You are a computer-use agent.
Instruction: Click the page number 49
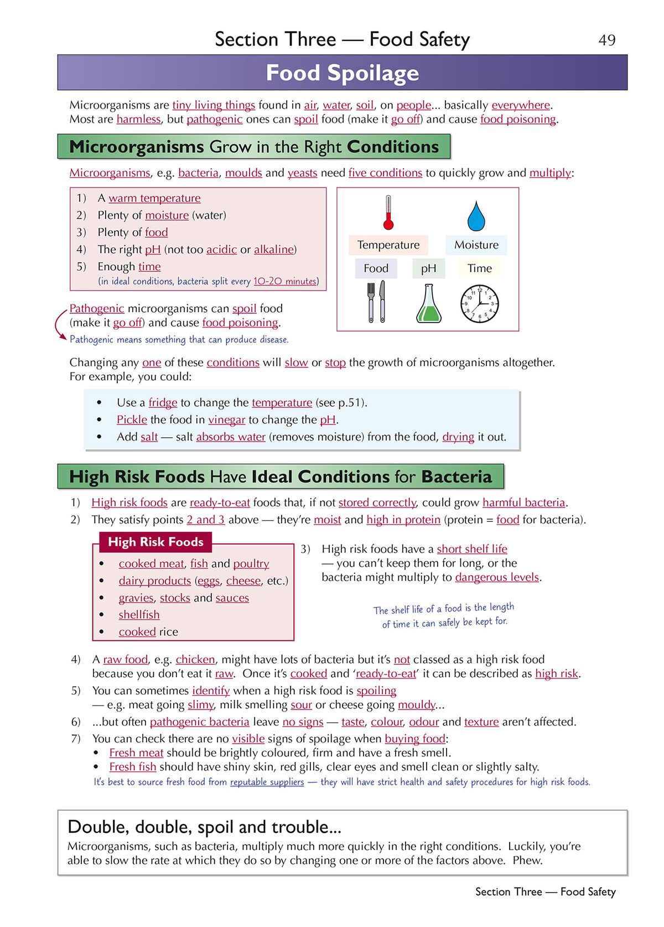[x=606, y=40]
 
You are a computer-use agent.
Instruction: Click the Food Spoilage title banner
[x=342, y=72]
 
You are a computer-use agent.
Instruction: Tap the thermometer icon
[x=388, y=213]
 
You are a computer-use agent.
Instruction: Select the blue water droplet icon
[x=476, y=216]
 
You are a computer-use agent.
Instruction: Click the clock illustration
[x=479, y=304]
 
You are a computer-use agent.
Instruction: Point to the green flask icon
[x=429, y=304]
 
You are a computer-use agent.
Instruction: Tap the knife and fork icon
[x=376, y=302]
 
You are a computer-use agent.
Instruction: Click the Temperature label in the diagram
[x=388, y=245]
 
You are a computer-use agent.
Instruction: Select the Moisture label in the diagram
[x=476, y=245]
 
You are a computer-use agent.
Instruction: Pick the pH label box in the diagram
[x=428, y=268]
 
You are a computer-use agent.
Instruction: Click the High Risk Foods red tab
[x=155, y=542]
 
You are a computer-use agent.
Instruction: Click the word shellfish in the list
[x=139, y=615]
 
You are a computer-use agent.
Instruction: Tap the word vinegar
[x=226, y=420]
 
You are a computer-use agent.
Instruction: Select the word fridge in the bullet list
[x=163, y=402]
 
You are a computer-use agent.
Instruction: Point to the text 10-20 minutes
[x=284, y=281]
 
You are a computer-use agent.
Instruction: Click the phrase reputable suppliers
[x=267, y=782]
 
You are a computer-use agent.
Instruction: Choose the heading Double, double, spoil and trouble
[x=204, y=827]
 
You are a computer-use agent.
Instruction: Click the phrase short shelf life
[x=471, y=548]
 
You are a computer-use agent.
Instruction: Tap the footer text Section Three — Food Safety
[x=545, y=892]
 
